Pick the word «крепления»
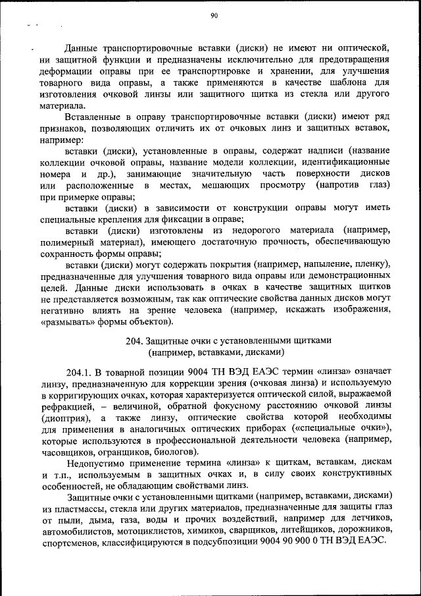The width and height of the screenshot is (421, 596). pos(114,220)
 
